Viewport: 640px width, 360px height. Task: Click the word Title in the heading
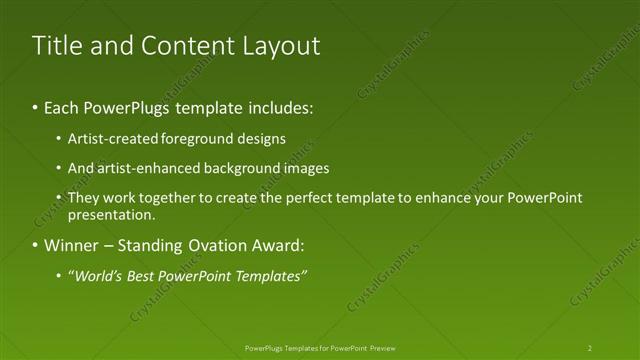point(58,46)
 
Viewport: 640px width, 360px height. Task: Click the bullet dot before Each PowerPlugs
point(37,106)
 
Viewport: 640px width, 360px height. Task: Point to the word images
point(306,168)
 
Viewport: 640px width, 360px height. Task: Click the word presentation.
point(112,214)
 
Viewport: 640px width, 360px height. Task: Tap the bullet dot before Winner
point(37,245)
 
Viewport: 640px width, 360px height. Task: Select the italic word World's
point(96,276)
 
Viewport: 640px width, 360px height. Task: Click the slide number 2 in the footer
point(590,348)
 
